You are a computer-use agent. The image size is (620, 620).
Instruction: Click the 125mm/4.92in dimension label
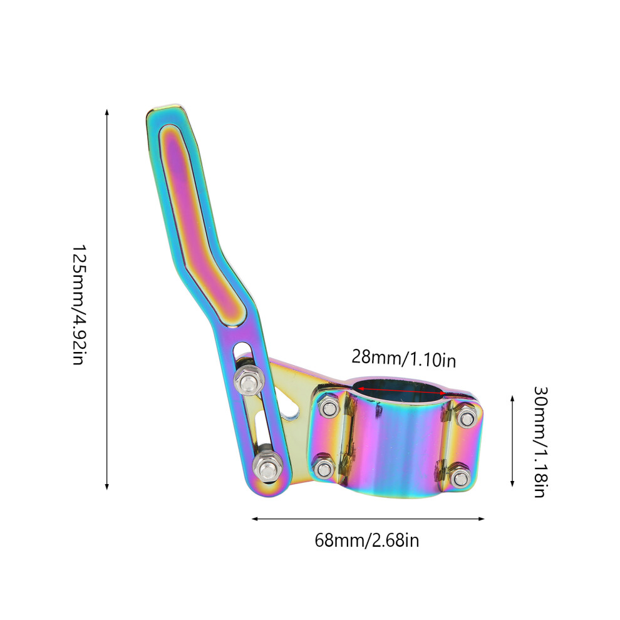pos(79,304)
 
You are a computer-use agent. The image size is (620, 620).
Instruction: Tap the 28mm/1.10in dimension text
pos(404,358)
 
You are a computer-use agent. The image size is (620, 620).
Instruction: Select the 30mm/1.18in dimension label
pos(540,442)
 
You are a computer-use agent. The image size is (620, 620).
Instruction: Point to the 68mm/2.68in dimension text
pos(367,540)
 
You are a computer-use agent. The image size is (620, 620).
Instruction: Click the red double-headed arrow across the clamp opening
pos(401,391)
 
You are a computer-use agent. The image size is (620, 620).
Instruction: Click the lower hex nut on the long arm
pos(267,469)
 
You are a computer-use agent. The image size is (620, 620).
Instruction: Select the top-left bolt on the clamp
pos(329,407)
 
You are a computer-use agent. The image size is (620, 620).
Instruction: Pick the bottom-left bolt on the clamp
pos(324,469)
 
